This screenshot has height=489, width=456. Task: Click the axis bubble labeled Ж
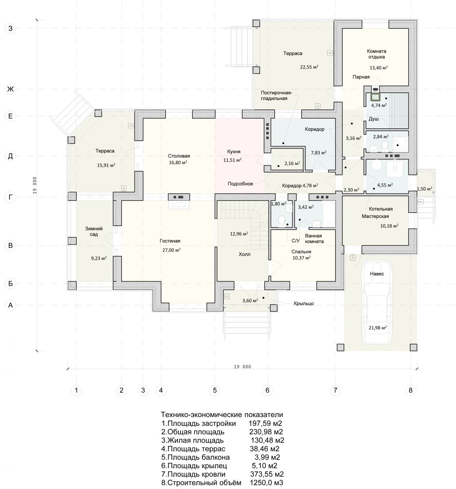point(10,89)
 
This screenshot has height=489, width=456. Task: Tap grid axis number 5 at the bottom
point(215,390)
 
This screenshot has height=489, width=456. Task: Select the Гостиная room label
point(170,241)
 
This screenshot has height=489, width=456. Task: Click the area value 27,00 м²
point(171,250)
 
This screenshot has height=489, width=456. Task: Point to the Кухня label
point(234,152)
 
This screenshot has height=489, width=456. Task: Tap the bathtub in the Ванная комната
point(329,214)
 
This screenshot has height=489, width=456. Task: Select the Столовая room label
point(179,156)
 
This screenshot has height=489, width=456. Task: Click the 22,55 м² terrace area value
point(309,67)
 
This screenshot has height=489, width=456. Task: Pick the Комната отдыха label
point(377,54)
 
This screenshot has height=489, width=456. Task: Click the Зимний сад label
point(94,231)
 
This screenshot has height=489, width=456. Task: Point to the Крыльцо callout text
point(304,303)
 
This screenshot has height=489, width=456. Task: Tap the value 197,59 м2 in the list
point(265,423)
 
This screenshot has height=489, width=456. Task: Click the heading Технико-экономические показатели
point(222,415)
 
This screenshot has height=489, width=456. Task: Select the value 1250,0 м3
point(267,482)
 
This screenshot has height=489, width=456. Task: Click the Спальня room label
point(301,252)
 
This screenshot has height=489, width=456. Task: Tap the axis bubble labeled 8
point(410,390)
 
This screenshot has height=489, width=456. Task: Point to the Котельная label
point(380,209)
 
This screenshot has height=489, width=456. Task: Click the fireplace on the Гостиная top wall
point(179,201)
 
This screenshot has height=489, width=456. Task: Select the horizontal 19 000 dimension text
point(242,367)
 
